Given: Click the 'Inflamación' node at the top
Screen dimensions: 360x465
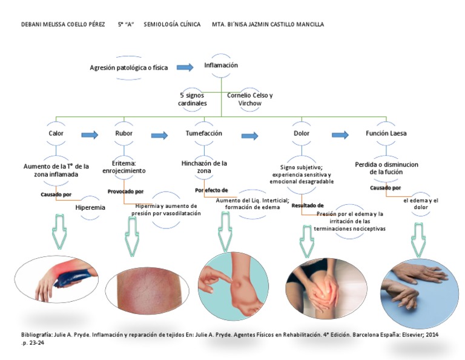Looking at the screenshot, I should click(x=221, y=65).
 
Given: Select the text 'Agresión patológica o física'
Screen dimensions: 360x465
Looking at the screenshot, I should click(x=128, y=67).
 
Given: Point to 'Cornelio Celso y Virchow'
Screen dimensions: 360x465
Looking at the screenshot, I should click(x=249, y=99).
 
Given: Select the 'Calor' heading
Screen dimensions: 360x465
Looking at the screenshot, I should click(x=56, y=133).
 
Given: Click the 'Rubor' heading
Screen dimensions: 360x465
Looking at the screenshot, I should click(x=124, y=133).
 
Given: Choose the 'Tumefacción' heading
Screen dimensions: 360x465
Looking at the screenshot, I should click(x=203, y=133).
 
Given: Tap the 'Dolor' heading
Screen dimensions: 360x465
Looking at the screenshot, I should click(x=302, y=133).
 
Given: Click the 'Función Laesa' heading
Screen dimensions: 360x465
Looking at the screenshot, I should click(x=386, y=133).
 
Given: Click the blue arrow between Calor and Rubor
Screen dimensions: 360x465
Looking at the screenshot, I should click(x=90, y=135).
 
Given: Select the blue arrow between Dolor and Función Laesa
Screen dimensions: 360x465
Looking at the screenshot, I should click(x=340, y=135).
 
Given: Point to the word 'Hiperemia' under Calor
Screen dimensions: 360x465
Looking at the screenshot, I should click(x=90, y=207).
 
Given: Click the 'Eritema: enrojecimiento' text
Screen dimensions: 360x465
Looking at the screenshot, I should click(x=128, y=167).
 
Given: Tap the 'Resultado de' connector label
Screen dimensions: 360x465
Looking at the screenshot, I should click(x=308, y=205).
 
